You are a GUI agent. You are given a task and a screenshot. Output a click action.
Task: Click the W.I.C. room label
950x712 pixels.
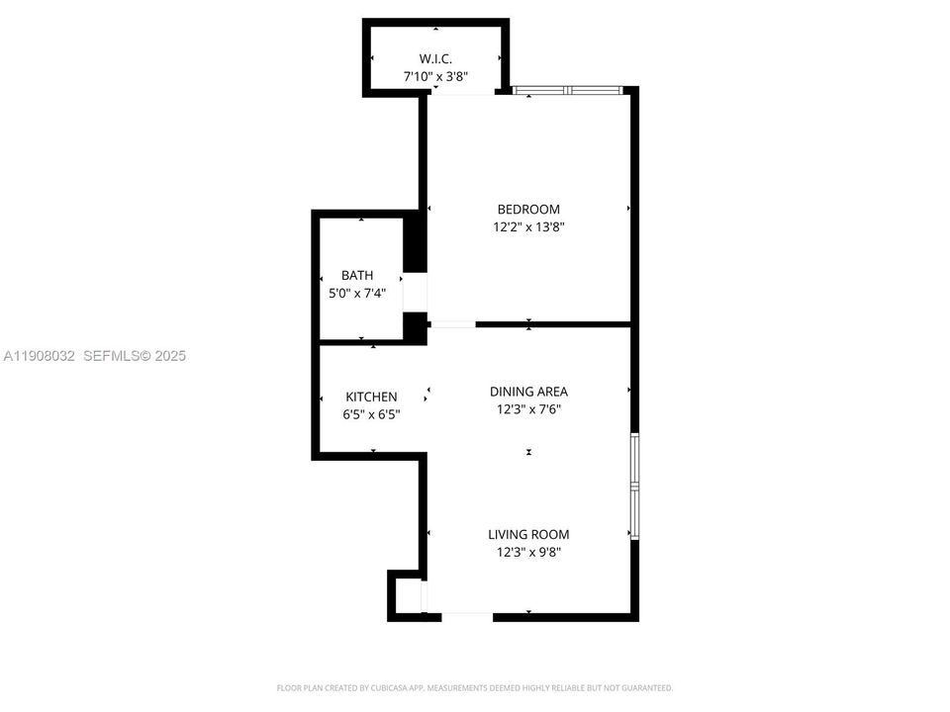(x=435, y=58)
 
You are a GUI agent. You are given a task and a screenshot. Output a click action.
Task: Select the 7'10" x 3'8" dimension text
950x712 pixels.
(x=435, y=76)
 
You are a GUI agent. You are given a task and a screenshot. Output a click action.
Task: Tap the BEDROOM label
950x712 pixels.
(x=528, y=210)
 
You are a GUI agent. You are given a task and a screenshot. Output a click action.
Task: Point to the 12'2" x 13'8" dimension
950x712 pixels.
(x=528, y=227)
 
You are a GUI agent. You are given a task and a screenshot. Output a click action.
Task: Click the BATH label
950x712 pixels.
(x=357, y=276)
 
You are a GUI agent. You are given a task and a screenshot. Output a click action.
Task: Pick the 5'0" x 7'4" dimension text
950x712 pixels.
(x=357, y=294)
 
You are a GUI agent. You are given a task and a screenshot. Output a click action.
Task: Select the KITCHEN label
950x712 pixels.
(x=371, y=397)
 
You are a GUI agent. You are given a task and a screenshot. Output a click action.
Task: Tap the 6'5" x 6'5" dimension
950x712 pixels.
(x=371, y=414)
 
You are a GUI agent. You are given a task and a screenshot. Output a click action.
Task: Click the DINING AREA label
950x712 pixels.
(x=528, y=392)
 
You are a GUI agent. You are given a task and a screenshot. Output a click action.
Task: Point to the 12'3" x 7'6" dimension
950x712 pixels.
(x=528, y=409)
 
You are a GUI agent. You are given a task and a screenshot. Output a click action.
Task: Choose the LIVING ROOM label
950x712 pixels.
(x=528, y=535)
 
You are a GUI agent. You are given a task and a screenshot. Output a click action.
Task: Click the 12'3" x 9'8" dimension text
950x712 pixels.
(x=528, y=553)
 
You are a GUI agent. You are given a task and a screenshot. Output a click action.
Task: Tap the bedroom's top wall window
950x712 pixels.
(x=568, y=91)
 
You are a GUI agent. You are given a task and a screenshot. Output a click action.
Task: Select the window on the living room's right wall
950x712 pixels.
(x=634, y=486)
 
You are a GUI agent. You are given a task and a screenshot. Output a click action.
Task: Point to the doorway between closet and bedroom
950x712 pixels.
(x=463, y=94)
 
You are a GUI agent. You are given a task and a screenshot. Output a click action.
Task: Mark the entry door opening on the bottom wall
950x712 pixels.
(x=466, y=616)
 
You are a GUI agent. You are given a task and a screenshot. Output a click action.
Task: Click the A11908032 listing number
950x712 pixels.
(x=40, y=356)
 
